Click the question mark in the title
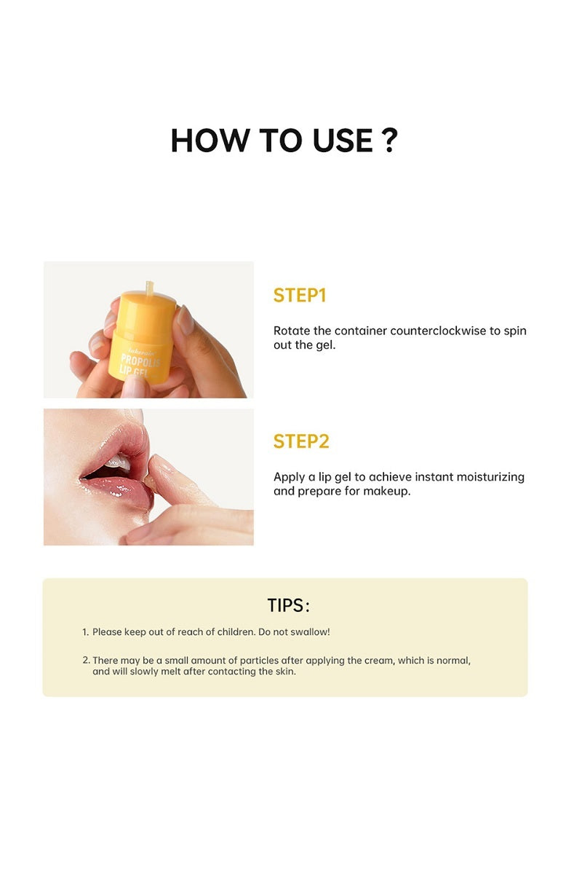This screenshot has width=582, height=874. coord(388,140)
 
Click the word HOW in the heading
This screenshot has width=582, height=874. coord(201,140)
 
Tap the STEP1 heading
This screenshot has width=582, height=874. coord(300,295)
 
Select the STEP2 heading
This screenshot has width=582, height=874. coord(301,441)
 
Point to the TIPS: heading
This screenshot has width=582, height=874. coord(289,605)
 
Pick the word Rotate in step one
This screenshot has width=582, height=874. coord(291,331)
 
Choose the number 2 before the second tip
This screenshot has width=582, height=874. coord(85,661)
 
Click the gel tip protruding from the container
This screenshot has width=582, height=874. coord(151,286)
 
